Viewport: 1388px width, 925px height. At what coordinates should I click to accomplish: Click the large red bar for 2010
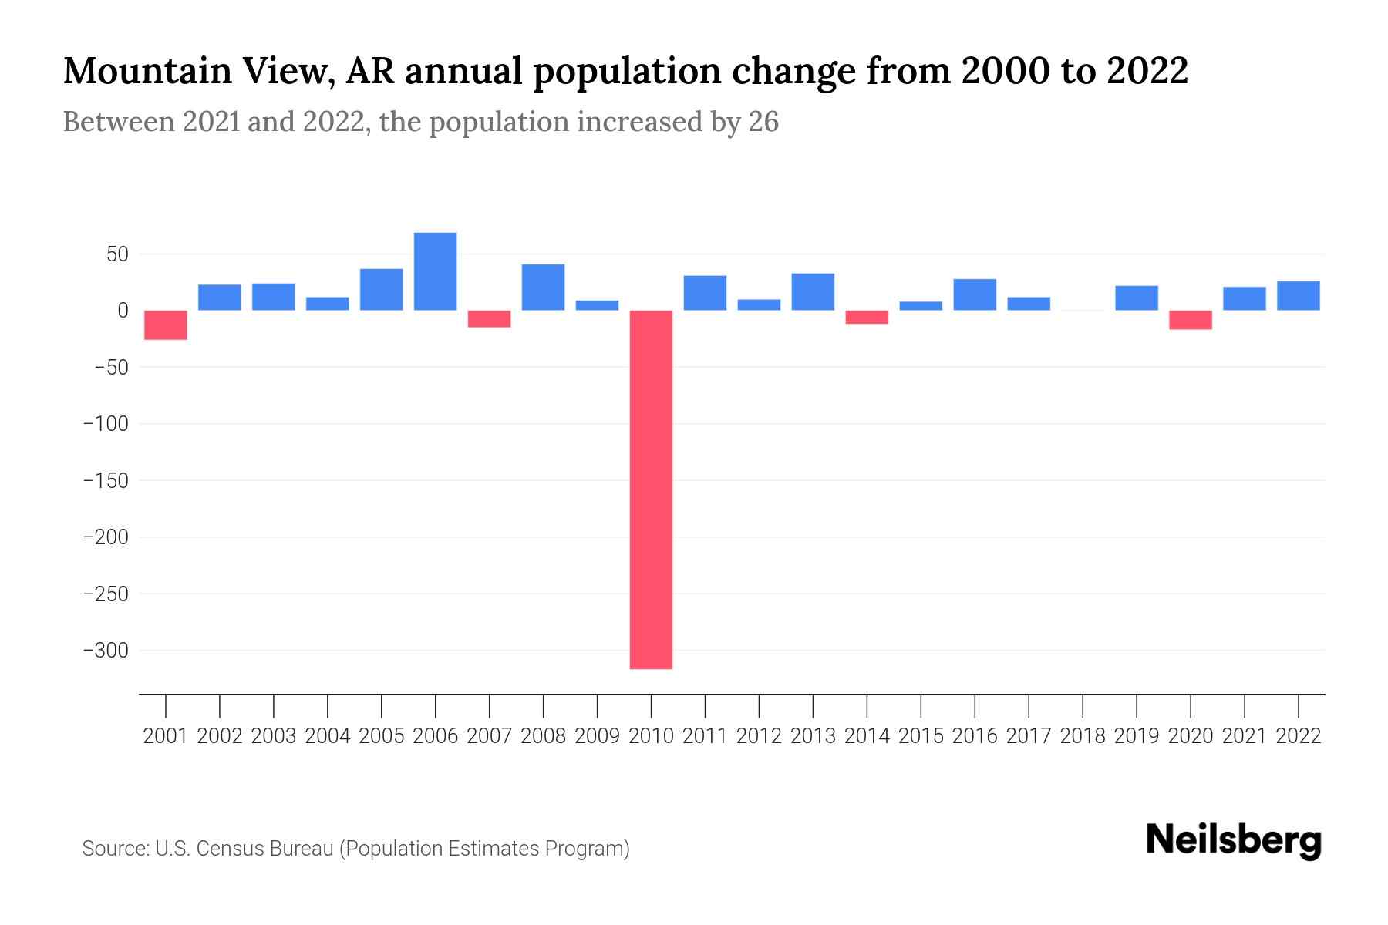click(651, 489)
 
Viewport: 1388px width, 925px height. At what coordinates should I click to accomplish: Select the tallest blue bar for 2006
click(435, 271)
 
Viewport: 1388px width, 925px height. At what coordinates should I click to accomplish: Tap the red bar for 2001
click(166, 325)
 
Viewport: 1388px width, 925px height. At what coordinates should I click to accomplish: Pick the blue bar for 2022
click(1298, 296)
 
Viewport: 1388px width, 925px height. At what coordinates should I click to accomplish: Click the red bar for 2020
click(1190, 320)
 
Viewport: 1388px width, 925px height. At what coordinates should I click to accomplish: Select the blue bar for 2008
click(543, 288)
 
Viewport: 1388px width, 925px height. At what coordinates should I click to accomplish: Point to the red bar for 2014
click(867, 317)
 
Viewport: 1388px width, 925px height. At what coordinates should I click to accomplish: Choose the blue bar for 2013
click(813, 292)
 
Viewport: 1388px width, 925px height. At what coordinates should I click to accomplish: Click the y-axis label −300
click(106, 651)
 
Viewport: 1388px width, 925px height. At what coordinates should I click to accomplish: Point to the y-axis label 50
click(112, 254)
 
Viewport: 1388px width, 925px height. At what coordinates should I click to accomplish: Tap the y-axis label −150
click(106, 481)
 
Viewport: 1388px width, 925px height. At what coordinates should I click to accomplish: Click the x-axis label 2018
click(1082, 736)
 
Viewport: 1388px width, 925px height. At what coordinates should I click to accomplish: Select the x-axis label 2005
click(381, 736)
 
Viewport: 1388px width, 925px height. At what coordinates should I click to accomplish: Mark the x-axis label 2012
click(759, 736)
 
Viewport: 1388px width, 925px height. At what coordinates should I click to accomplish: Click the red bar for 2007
click(489, 319)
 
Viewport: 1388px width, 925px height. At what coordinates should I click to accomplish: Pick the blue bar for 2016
click(974, 294)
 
